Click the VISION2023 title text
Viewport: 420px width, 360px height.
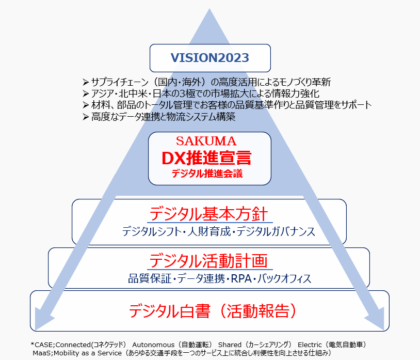(x=210, y=57)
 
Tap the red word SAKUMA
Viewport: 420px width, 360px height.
(x=206, y=141)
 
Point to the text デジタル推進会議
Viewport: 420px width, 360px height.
(x=207, y=174)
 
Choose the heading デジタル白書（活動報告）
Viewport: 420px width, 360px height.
(x=212, y=311)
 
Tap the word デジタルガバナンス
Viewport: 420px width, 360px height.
(x=276, y=231)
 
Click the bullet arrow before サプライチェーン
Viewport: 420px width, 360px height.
(x=86, y=82)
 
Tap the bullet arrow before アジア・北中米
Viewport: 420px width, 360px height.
(x=86, y=93)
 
